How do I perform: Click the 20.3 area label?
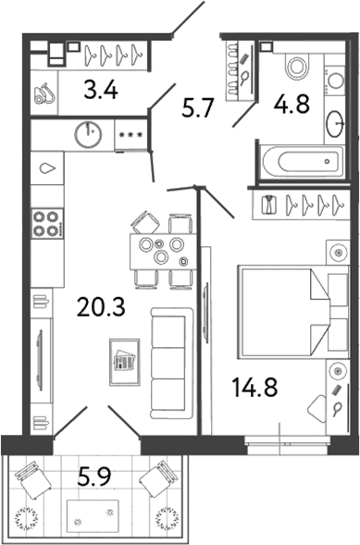pyautogui.click(x=101, y=307)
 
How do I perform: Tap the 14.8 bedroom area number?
pyautogui.click(x=255, y=387)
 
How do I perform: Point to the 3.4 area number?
pyautogui.click(x=101, y=90)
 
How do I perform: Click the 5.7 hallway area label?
pyautogui.click(x=197, y=108)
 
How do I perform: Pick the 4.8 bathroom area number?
pyautogui.click(x=292, y=104)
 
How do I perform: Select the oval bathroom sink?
pyautogui.click(x=335, y=124)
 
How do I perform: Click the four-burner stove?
pyautogui.click(x=47, y=224)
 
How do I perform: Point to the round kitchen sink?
pyautogui.click(x=89, y=134)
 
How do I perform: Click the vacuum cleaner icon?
pyautogui.click(x=44, y=93)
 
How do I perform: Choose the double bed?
pyautogui.click(x=293, y=312)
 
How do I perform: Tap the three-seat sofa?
pyautogui.click(x=171, y=363)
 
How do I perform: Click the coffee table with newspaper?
pyautogui.click(x=125, y=362)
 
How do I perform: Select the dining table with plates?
pyautogui.click(x=163, y=252)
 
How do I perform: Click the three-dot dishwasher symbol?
pyautogui.click(x=130, y=135)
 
